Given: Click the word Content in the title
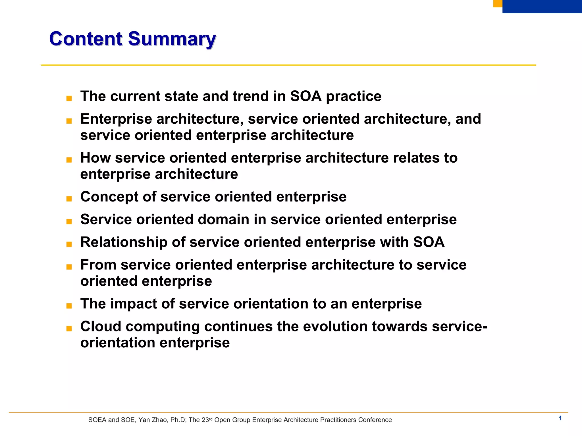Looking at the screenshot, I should (x=86, y=39).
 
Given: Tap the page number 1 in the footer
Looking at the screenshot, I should (x=560, y=418).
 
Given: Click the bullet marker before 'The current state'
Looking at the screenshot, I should (x=69, y=99).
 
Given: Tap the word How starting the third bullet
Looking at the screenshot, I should (x=95, y=158).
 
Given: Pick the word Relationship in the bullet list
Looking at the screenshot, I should (x=124, y=242).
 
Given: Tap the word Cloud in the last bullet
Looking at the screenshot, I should (x=101, y=326).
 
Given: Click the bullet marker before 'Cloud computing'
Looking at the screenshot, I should (x=69, y=329).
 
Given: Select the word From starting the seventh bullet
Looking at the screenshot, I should (x=98, y=265).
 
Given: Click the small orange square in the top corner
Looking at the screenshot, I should (x=497, y=3).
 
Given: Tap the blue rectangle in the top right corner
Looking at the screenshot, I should (x=542, y=6).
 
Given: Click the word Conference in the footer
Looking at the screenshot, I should (x=375, y=420).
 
